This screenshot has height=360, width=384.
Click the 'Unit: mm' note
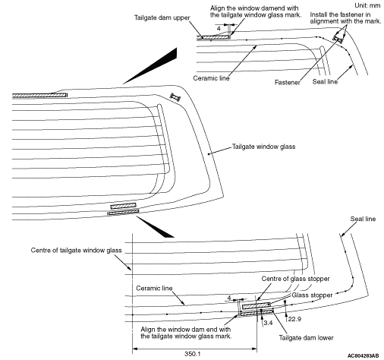[367, 5]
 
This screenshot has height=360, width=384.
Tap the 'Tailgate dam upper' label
[162, 17]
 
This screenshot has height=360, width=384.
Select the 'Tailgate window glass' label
[263, 147]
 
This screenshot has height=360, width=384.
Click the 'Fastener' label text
[288, 82]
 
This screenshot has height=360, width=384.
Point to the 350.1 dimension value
[192, 353]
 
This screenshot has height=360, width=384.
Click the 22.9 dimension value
[294, 319]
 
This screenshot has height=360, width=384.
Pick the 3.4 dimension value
[268, 323]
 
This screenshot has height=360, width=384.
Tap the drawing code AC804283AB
[363, 356]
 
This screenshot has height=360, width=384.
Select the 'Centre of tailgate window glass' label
[76, 251]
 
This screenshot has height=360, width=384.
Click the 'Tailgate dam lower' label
[306, 338]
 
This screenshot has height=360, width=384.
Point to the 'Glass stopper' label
[312, 295]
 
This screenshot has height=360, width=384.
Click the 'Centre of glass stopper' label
[295, 279]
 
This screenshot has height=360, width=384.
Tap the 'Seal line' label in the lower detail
[363, 219]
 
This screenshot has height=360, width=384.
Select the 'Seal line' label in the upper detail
[325, 81]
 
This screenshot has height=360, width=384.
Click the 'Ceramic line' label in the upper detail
[211, 78]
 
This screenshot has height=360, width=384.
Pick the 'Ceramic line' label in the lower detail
[154, 288]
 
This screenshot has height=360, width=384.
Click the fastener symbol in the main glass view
[175, 96]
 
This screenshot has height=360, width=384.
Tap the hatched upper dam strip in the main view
[39, 95]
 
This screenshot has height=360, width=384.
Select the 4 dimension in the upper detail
[219, 29]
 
